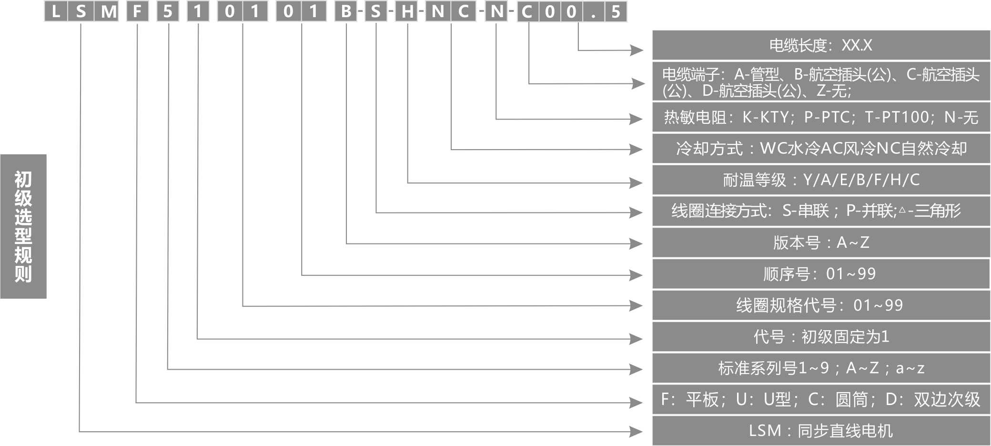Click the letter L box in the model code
56,11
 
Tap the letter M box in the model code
109,11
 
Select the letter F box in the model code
137,11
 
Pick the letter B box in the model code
346,11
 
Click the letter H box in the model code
407,11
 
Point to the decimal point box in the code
593,11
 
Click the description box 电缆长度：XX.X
820,45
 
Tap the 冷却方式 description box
820,149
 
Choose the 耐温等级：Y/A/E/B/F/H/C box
820,180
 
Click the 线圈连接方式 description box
820,211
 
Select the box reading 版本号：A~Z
820,243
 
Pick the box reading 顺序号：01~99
820,274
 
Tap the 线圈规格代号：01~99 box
820,305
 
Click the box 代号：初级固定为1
820,337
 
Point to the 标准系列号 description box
820,368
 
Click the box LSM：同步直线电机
820,431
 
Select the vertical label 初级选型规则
23,226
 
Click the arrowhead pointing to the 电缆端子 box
638,83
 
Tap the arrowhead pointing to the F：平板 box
636,403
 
